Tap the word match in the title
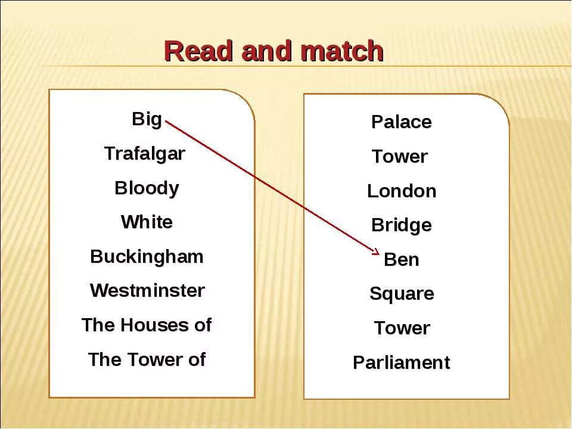coord(342,51)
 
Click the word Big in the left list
coord(147,119)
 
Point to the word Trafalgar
coord(145,154)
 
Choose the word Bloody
coord(147,188)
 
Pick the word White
coord(147,222)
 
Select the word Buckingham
coord(147,257)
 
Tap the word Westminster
coord(147,291)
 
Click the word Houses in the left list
coord(147,325)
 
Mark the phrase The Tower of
coord(147,360)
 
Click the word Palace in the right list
coord(401,122)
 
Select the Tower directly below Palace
coord(400,157)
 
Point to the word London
coord(402,191)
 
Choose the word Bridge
coord(401,225)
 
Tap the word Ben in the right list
coord(402,260)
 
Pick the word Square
coord(402,294)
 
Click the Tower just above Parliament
coord(402,328)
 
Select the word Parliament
coord(401,363)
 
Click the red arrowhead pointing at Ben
coord(376,250)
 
